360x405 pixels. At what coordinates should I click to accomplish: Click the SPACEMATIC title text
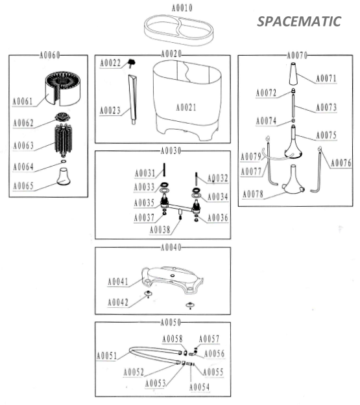[299, 21]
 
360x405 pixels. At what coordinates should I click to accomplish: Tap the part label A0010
[182, 8]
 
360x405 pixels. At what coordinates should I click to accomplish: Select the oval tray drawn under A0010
[179, 30]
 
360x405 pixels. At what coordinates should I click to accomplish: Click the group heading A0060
[49, 55]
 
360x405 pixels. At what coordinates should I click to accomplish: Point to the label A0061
[23, 101]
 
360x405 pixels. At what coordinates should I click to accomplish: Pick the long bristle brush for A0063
[64, 140]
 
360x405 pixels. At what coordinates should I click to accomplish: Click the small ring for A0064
[64, 161]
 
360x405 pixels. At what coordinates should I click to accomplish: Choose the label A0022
[110, 63]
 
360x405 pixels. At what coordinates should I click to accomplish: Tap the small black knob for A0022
[132, 63]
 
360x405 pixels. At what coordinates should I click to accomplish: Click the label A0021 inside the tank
[186, 108]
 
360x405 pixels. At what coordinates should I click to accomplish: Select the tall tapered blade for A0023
[133, 99]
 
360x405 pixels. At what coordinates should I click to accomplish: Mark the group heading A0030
[171, 150]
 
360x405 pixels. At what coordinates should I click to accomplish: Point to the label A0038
[160, 229]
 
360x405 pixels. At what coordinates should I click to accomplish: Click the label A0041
[117, 281]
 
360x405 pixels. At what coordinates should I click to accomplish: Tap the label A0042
[117, 302]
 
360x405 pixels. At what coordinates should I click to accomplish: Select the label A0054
[199, 387]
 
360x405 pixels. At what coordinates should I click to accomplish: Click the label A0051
[106, 356]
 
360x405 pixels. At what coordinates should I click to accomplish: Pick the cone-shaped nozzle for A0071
[293, 74]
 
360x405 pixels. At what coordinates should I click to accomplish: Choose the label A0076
[341, 163]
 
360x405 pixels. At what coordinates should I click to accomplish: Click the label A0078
[253, 194]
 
